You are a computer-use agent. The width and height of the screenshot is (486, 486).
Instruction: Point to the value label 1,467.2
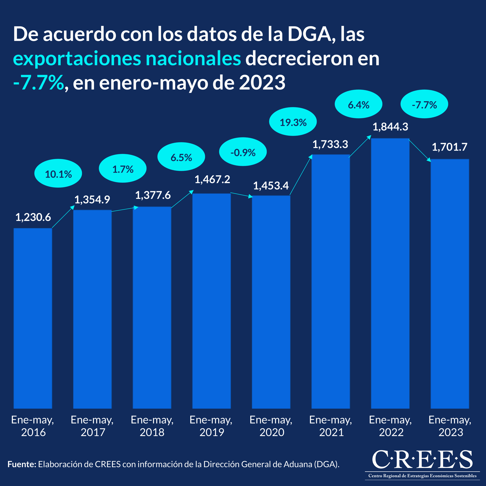coord(212,179)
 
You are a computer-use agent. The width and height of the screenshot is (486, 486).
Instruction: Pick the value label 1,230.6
coord(33,217)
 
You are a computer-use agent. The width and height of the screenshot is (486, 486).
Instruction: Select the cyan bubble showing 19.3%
coord(293,122)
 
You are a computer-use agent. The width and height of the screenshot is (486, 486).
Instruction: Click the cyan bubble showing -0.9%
coord(243,152)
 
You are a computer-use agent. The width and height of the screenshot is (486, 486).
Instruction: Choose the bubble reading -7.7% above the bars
coord(424,104)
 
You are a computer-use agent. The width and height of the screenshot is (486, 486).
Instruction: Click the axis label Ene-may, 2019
coord(211,426)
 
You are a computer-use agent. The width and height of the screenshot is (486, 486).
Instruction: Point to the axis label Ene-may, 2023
coord(450,426)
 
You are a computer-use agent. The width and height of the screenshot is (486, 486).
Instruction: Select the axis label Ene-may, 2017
coord(92,426)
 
